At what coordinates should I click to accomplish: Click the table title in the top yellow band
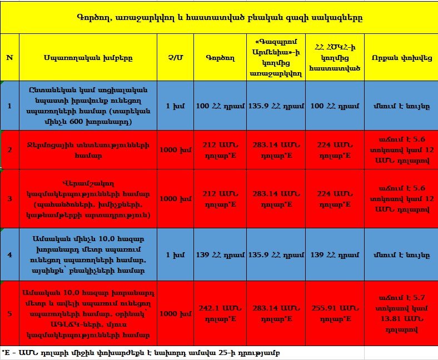pos(219,17)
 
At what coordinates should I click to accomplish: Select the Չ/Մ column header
pos(175,57)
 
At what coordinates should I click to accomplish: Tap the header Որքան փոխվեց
pos(400,57)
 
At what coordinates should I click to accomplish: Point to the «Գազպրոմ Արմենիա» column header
pos(275,57)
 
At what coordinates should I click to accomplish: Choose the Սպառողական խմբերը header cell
pos(88,57)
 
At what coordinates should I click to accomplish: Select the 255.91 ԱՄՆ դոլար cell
pos(335,314)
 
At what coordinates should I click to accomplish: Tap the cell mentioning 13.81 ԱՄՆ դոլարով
pos(400,314)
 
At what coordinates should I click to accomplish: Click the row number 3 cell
pos(9,198)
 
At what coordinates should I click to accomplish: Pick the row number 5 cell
pos(9,314)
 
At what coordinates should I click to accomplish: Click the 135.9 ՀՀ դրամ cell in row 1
pos(275,106)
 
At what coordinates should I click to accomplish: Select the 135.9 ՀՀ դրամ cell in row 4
pos(275,255)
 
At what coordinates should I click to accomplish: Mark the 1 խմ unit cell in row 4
pos(175,255)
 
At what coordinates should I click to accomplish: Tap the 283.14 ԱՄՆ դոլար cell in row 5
pos(275,314)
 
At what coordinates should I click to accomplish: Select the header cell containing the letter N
pos(9,57)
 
